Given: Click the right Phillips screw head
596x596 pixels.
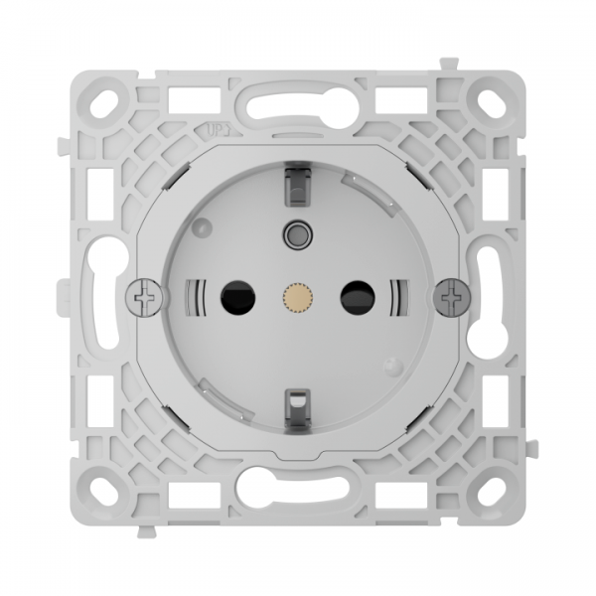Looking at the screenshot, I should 453,295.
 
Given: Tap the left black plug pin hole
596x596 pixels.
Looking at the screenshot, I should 234,295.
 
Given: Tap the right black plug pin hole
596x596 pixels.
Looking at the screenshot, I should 356,295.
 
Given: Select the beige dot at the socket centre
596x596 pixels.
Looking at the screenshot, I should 295,295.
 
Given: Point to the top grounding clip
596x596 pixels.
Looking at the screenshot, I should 296,181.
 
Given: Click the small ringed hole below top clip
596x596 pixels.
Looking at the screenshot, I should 295,234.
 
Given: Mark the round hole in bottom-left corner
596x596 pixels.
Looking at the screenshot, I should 105,489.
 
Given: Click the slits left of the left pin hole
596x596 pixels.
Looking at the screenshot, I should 196,295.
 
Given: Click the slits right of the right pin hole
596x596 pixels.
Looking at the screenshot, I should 399,295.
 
